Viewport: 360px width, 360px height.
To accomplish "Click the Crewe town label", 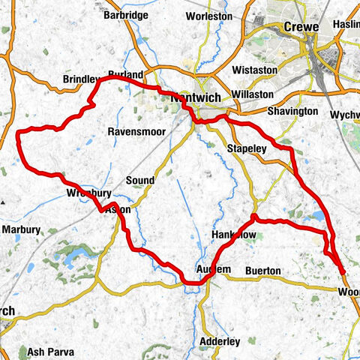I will (x=301, y=27).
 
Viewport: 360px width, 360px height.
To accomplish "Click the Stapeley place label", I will (x=247, y=149).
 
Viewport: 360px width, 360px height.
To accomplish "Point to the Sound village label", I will (x=139, y=181).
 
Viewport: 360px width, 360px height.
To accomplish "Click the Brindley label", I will (x=81, y=79).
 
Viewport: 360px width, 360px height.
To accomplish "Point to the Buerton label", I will (x=262, y=270).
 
